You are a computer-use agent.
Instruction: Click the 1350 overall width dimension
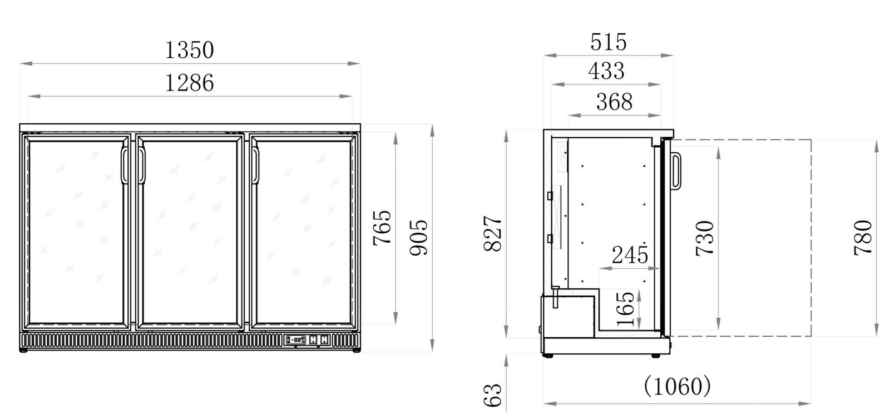pyautogui.click(x=189, y=50)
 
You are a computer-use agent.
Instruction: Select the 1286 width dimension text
pyautogui.click(x=189, y=83)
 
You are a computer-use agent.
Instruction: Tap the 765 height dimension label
pyautogui.click(x=382, y=227)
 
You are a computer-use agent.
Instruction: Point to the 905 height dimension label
pyautogui.click(x=419, y=237)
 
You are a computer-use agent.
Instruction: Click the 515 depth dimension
pyautogui.click(x=609, y=42)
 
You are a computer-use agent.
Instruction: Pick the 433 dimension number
pyautogui.click(x=606, y=71)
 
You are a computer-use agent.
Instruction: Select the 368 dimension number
pyautogui.click(x=614, y=102)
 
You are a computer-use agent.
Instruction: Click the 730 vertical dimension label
pyautogui.click(x=704, y=238)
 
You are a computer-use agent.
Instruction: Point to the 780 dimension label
pyautogui.click(x=863, y=237)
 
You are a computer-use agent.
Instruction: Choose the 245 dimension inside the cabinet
pyautogui.click(x=630, y=255)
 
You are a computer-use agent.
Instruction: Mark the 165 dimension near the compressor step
pyautogui.click(x=626, y=309)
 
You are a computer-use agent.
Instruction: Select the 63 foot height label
pyautogui.click(x=494, y=395)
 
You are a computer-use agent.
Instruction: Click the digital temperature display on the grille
pyautogui.click(x=296, y=339)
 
